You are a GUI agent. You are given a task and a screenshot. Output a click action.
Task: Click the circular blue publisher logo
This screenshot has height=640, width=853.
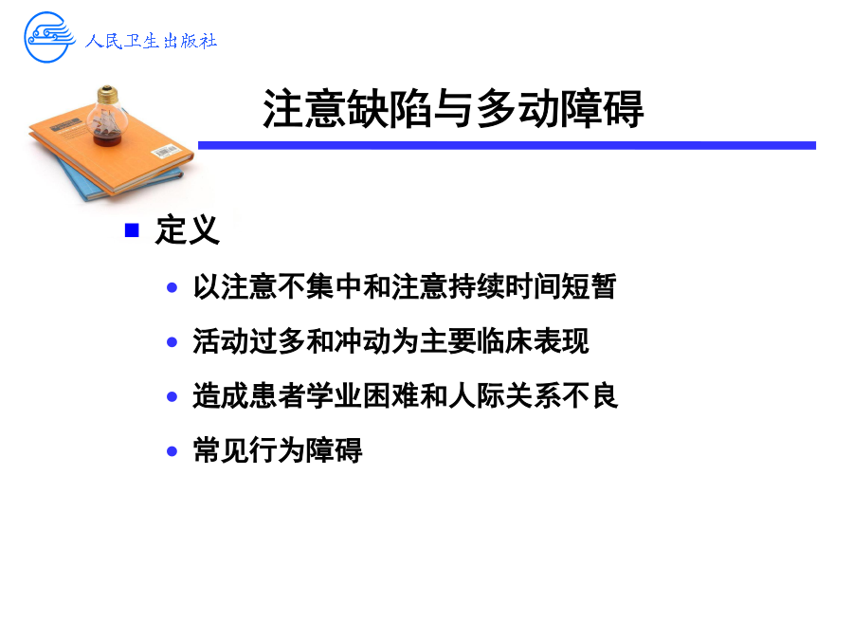click(x=49, y=37)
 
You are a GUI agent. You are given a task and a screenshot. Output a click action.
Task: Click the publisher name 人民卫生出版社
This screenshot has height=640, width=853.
click(x=151, y=41)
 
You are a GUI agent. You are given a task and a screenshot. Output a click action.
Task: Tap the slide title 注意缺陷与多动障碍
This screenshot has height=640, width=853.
click(x=453, y=109)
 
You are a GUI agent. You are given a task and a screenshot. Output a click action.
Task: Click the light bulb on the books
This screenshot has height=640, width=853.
click(x=107, y=116)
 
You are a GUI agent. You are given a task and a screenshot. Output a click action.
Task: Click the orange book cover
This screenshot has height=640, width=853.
click(x=111, y=147)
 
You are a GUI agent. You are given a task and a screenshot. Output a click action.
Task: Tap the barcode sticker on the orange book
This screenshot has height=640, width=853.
click(x=165, y=151)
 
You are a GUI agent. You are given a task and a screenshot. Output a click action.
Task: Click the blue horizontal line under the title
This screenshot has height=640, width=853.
click(x=506, y=145)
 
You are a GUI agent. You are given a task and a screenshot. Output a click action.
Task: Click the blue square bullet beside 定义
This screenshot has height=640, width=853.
click(x=132, y=230)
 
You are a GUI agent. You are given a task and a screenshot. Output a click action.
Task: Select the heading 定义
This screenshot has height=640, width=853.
click(x=187, y=230)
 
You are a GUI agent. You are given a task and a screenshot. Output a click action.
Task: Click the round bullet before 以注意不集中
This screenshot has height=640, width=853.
click(x=172, y=287)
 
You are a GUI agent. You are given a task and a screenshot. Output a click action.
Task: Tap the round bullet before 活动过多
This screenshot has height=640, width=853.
click(x=172, y=342)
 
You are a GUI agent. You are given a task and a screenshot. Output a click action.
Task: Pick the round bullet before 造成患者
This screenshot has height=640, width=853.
click(x=172, y=396)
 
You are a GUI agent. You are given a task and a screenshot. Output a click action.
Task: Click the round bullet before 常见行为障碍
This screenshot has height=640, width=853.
click(x=172, y=451)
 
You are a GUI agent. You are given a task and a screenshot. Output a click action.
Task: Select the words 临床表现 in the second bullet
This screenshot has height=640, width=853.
click(x=533, y=341)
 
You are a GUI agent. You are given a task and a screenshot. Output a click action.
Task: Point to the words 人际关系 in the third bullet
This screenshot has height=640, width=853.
click(x=505, y=396)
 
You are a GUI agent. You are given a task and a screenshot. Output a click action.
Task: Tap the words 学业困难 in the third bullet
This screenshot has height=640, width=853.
click(x=363, y=396)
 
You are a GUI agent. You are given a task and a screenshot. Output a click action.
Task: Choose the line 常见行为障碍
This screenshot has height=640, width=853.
click(x=278, y=451)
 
